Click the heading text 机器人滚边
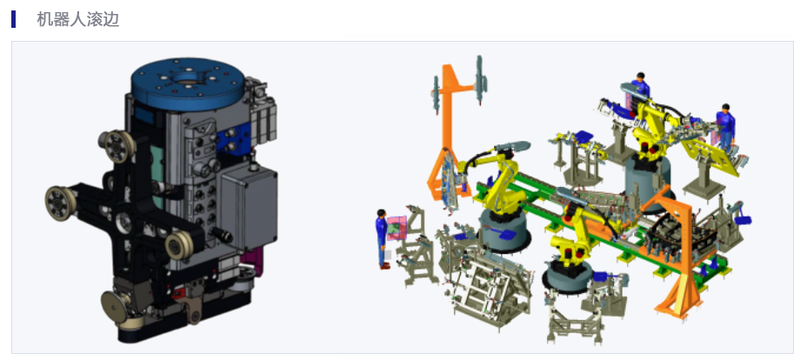coord(77,19)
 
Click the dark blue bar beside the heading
coord(13,19)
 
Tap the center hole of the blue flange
coord(188,78)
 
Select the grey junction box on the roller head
coord(249,207)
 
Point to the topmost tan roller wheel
coord(117,146)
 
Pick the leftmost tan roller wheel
coord(60,203)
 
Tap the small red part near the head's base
coord(177,293)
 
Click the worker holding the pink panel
coord(383,238)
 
